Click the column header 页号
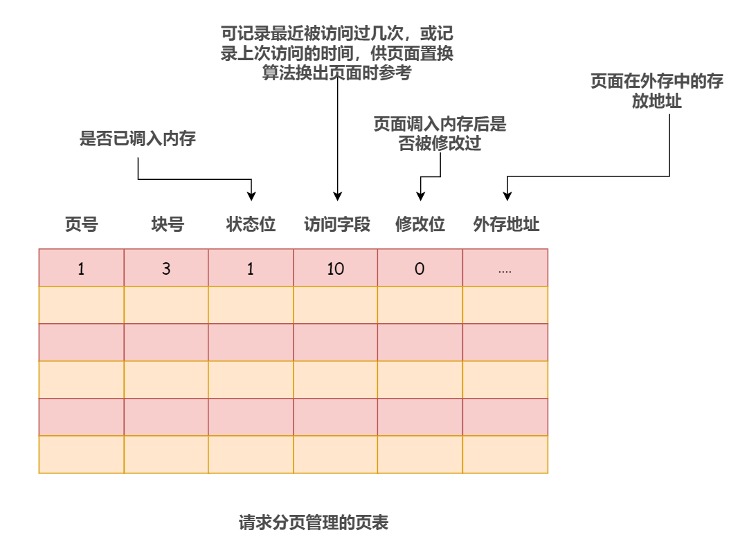(81, 225)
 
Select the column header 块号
(167, 225)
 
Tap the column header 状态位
(251, 225)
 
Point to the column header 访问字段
(337, 225)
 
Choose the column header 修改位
(420, 225)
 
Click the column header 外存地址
(506, 225)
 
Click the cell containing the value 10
(336, 269)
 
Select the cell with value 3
(166, 269)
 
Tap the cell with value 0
(420, 269)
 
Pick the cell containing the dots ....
(505, 269)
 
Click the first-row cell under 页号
(81, 269)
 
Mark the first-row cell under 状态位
(251, 269)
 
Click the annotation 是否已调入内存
(138, 139)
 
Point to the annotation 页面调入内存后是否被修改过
(440, 134)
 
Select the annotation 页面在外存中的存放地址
(656, 91)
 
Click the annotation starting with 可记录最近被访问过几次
(337, 53)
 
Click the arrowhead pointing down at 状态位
(251, 194)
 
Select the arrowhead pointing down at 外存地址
(507, 195)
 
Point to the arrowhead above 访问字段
(337, 195)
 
